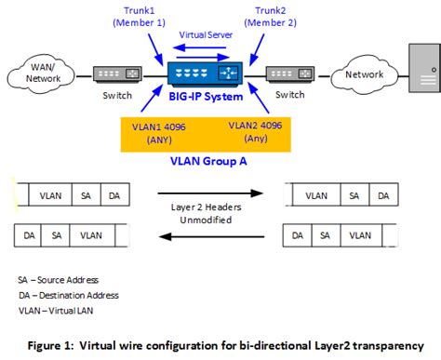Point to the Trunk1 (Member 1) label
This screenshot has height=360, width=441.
tap(138, 17)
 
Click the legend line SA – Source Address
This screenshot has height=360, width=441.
tap(60, 280)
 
